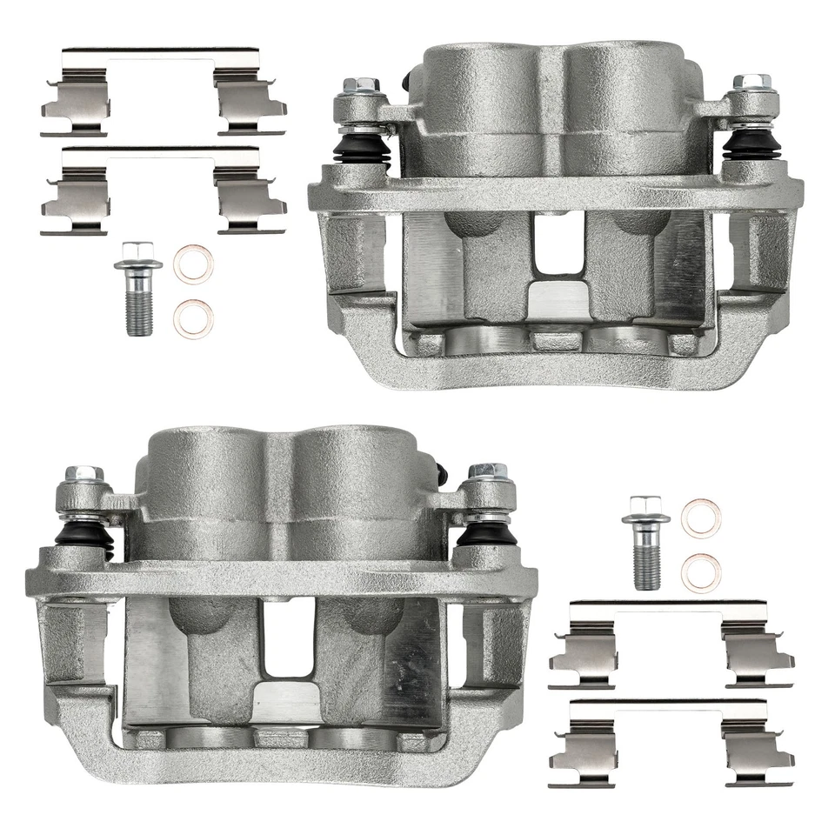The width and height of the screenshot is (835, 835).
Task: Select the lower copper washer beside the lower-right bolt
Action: click(700, 571)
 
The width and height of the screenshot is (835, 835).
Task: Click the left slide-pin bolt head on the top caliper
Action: click(356, 87)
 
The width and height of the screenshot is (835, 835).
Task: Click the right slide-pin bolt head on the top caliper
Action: click(748, 84)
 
